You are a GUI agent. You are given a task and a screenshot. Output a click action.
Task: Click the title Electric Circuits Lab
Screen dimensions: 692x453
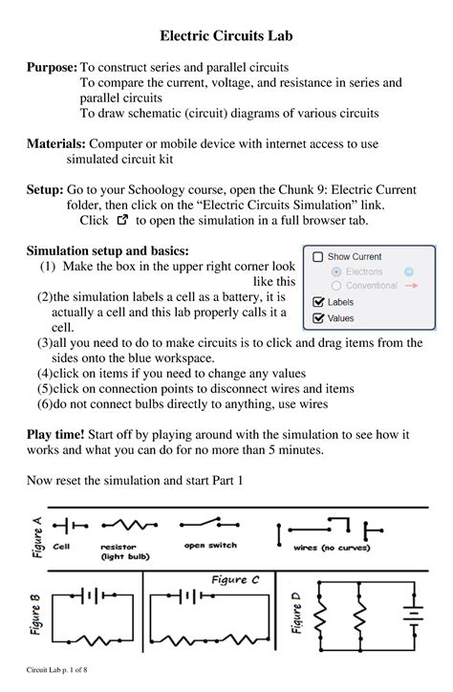point(226,36)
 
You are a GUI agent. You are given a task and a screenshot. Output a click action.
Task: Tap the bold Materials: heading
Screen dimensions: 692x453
point(55,143)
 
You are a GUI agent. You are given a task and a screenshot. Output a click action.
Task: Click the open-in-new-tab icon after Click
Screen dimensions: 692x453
point(120,220)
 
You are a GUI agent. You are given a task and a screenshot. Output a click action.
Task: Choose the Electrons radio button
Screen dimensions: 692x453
point(335,271)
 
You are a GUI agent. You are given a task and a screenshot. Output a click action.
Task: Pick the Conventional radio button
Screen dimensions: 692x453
point(335,285)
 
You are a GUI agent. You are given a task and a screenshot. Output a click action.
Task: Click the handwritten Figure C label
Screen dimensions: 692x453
point(235,579)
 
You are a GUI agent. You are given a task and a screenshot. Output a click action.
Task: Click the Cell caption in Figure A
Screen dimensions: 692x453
point(61,547)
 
